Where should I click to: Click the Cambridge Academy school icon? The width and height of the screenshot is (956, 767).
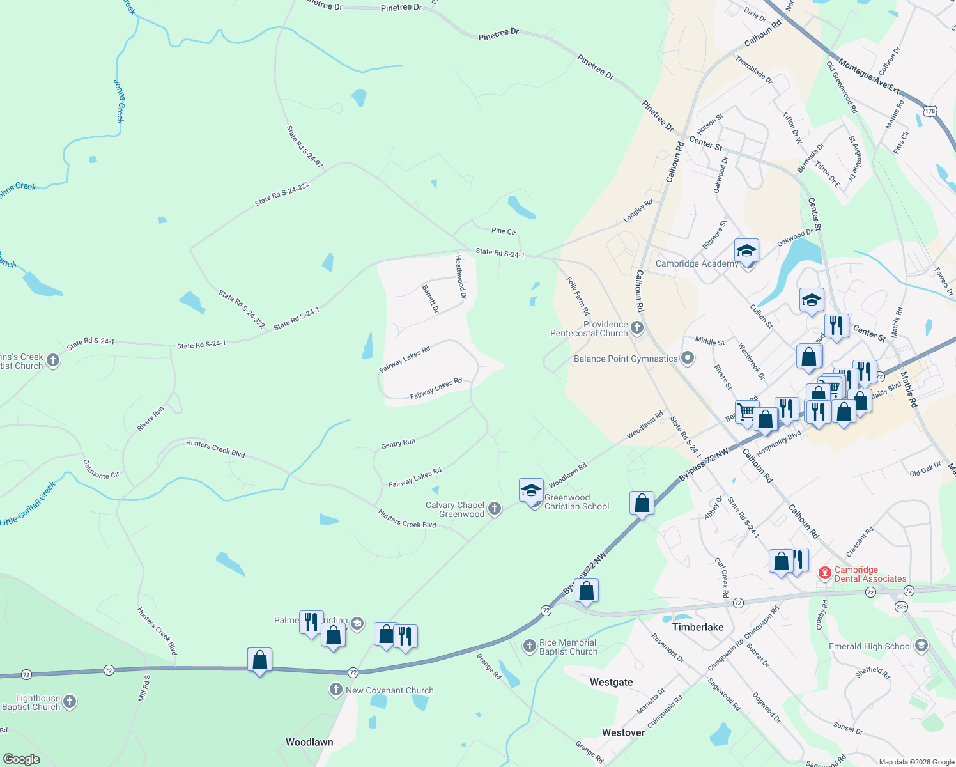[x=746, y=251]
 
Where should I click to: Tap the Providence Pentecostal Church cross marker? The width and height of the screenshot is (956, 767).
[x=636, y=329]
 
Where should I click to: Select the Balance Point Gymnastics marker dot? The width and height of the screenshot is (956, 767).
[x=687, y=359]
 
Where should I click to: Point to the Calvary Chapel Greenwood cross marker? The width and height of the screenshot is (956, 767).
[x=494, y=509]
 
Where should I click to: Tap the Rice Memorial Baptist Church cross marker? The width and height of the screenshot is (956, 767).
[x=529, y=646]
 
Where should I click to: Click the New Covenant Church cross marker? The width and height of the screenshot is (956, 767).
[x=336, y=690]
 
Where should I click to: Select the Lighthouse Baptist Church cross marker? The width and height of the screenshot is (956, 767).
[x=70, y=702]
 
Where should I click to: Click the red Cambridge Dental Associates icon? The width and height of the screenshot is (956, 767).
[x=825, y=573]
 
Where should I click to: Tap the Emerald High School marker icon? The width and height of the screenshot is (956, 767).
[x=921, y=646]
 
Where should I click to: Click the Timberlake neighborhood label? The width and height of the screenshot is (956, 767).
[x=698, y=627]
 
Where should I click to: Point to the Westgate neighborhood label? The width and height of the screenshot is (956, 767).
[x=611, y=682]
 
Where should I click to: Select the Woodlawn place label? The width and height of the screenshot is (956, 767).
[x=309, y=742]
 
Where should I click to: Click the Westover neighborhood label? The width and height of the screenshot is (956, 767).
[x=623, y=732]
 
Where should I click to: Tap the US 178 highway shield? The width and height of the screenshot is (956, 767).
[x=930, y=111]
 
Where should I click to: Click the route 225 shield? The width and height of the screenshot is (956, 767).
[x=901, y=607]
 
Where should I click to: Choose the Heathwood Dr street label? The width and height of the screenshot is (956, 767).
[x=460, y=277]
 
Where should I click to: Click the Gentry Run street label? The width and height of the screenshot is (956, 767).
[x=397, y=443]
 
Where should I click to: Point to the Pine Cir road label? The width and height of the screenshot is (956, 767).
[x=504, y=231]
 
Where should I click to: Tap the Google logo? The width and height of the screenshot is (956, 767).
[x=22, y=759]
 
